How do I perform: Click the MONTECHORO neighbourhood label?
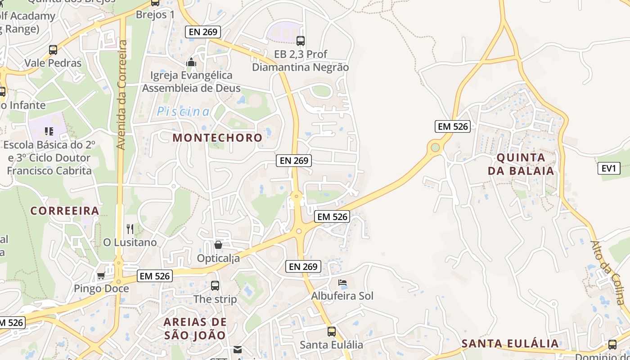[217, 138]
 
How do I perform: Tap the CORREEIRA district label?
[65, 211]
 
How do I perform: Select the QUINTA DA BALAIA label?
[521, 164]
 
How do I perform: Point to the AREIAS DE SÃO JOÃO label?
[195, 328]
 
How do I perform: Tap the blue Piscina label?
[183, 112]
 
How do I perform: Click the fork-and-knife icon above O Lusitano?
[130, 229]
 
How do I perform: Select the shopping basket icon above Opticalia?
[218, 245]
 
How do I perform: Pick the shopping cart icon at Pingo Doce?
[101, 275]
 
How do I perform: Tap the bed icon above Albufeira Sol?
[342, 283]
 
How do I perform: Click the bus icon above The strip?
[215, 285]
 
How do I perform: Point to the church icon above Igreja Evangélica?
[191, 62]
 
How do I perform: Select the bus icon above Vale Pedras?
[53, 49]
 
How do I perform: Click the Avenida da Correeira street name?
[121, 94]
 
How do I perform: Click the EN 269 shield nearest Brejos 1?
[202, 32]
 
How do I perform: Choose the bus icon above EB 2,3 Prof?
[301, 41]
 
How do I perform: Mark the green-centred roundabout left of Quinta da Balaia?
[435, 147]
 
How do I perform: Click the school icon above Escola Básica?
[49, 131]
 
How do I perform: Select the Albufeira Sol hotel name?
[342, 296]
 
